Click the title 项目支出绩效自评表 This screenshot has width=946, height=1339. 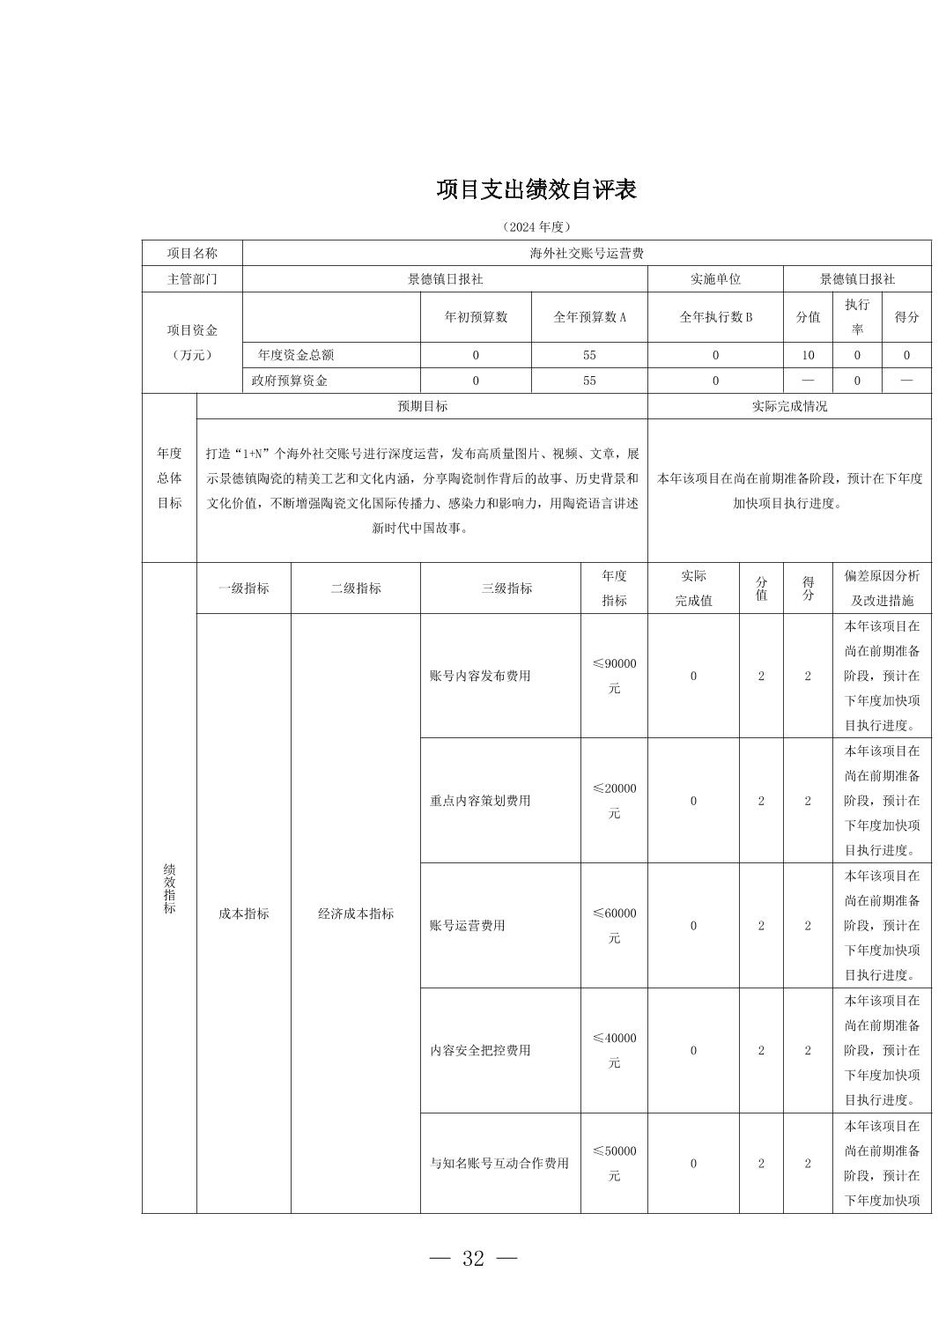536,189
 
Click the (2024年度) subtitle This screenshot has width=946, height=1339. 536,226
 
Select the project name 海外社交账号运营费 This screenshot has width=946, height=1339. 586,253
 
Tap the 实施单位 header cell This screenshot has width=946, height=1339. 715,278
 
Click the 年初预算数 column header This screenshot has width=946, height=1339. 476,317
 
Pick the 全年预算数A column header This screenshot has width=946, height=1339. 589,317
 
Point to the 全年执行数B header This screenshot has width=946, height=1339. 715,317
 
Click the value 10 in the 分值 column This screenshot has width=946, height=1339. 808,355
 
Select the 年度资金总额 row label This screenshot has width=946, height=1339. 296,355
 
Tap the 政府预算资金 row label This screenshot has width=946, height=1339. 289,381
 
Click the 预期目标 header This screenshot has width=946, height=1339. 422,406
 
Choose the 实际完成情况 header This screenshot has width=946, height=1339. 789,406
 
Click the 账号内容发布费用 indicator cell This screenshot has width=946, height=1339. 480,676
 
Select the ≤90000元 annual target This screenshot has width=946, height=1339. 614,676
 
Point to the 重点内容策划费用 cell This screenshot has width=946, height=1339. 480,801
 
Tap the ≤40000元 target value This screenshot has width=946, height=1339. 614,1050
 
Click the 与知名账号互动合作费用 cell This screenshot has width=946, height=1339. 499,1163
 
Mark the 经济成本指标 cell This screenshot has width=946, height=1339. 356,914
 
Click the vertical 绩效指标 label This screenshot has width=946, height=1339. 169,888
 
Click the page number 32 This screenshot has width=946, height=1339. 473,1258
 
